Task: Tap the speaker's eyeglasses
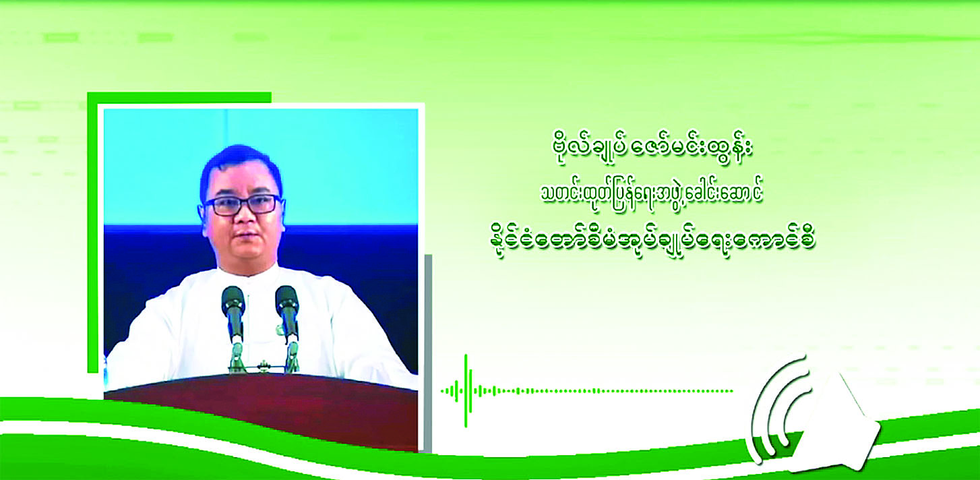click(x=244, y=205)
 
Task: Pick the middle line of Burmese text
click(x=652, y=195)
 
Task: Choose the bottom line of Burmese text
click(x=652, y=242)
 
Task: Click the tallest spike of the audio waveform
click(x=466, y=391)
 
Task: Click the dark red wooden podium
click(x=262, y=411)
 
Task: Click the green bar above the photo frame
click(x=179, y=98)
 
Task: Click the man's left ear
click(x=282, y=214)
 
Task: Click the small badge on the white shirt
click(x=278, y=329)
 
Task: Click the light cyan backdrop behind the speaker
click(x=261, y=167)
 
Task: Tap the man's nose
click(x=243, y=218)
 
